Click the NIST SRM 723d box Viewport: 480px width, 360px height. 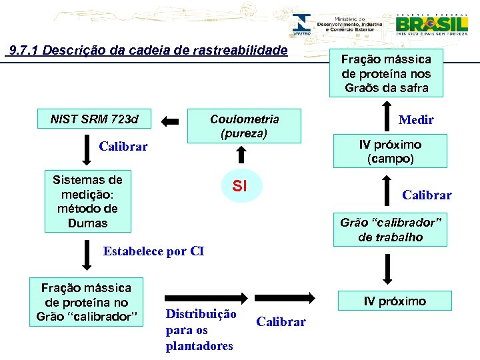95,120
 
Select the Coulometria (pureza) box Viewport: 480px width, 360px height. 244,126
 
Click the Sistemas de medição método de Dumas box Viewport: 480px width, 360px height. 87,201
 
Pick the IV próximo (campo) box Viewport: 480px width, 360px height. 390,152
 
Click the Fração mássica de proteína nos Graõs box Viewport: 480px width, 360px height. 386,73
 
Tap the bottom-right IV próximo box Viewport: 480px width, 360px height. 394,301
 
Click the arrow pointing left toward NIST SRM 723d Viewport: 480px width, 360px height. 171,121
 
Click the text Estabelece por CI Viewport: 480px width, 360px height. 153,251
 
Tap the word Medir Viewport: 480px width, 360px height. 416,120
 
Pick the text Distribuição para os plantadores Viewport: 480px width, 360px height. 200,329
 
